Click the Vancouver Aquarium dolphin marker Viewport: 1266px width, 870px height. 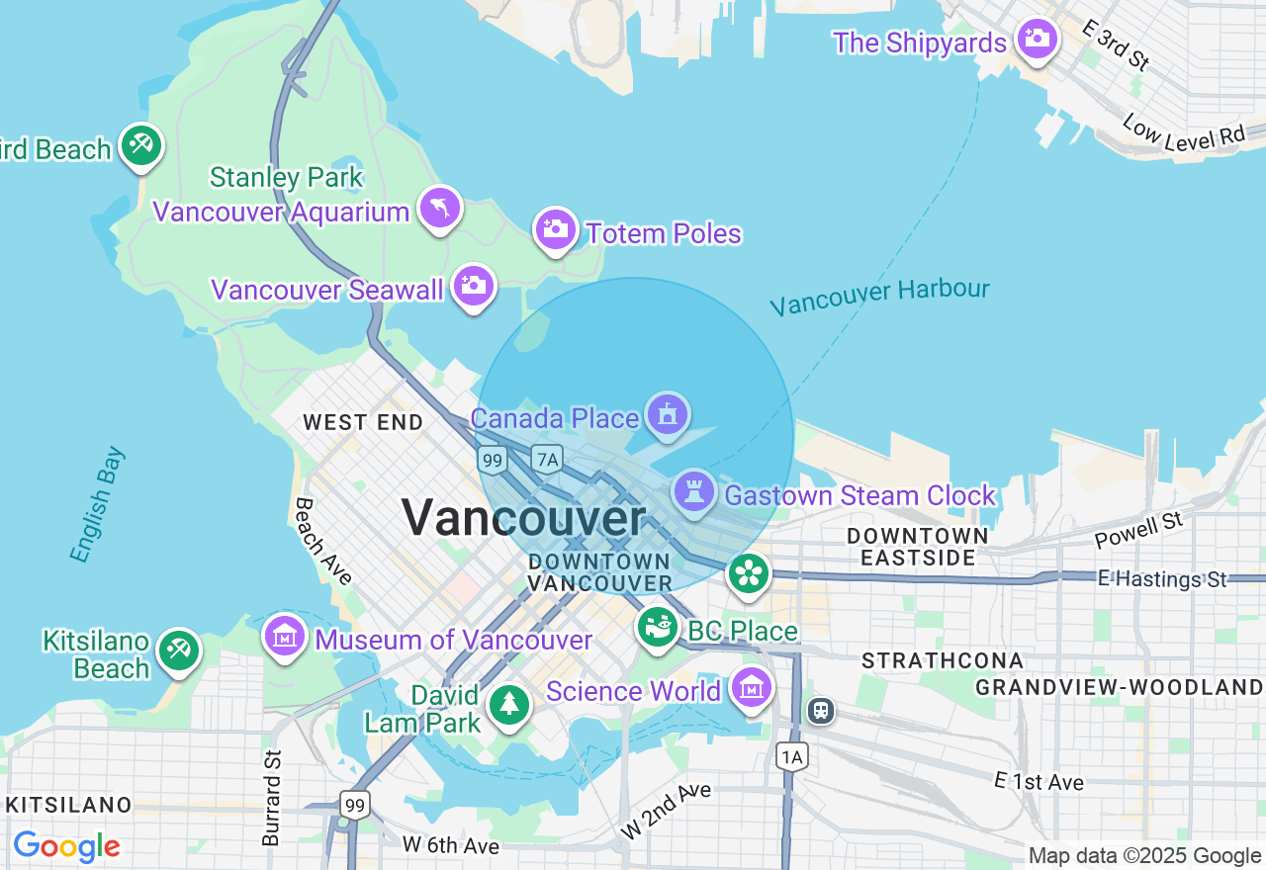pyautogui.click(x=440, y=208)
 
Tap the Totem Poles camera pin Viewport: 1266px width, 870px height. pyautogui.click(x=555, y=229)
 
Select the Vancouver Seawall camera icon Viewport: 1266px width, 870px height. pyautogui.click(x=474, y=287)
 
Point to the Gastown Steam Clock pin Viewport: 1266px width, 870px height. pyautogui.click(x=694, y=490)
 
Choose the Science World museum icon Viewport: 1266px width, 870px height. pyautogui.click(x=751, y=686)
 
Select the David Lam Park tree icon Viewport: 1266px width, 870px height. pyautogui.click(x=509, y=704)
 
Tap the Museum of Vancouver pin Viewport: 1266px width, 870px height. pyautogui.click(x=285, y=636)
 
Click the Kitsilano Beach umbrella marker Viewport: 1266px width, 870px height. pyautogui.click(x=179, y=651)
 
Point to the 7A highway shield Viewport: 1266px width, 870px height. pyautogui.click(x=546, y=459)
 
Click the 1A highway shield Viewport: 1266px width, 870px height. pyautogui.click(x=791, y=757)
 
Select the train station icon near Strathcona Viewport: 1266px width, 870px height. pyautogui.click(x=820, y=710)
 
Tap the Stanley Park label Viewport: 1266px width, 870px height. pyautogui.click(x=287, y=178)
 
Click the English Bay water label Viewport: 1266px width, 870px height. pyautogui.click(x=98, y=504)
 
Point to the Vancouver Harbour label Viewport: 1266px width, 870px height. pyautogui.click(x=879, y=296)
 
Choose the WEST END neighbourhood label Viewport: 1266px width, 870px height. pyautogui.click(x=363, y=423)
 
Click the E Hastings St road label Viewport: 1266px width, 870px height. pyautogui.click(x=1161, y=578)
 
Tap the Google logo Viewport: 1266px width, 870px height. pyautogui.click(x=66, y=846)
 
